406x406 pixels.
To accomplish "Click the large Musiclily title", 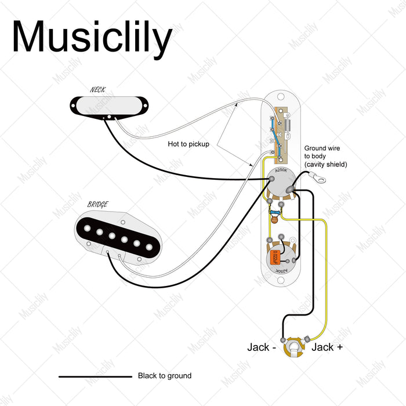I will [92, 37].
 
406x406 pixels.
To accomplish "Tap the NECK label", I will [98, 89].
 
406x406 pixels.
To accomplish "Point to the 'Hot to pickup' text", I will [188, 144].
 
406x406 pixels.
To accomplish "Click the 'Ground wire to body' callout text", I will [325, 157].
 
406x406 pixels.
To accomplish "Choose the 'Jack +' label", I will [327, 347].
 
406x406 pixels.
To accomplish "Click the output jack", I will [295, 349].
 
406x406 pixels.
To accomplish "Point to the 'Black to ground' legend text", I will [165, 376].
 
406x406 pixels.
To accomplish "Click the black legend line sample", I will [95, 376].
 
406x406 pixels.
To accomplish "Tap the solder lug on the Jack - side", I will [283, 340].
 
